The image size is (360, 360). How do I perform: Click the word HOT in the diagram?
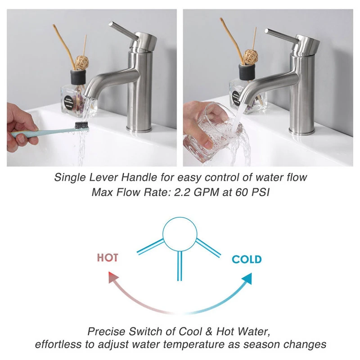108,257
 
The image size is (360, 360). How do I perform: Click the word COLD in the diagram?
247,260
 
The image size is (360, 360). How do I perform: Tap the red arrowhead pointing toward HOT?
113,277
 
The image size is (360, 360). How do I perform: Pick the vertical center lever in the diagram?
180,265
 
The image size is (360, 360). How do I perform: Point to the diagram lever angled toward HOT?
151,246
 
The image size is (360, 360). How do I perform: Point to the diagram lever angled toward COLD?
208,247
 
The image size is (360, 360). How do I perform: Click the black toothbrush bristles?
81,125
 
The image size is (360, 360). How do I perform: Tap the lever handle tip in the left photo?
111,24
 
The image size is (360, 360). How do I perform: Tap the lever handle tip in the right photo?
267,31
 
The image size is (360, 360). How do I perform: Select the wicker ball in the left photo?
82,62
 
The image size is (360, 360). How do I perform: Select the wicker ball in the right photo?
251,56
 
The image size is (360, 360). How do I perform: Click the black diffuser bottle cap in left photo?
78,76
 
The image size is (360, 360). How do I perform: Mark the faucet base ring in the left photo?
139,129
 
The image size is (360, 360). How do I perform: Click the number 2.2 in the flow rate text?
182,192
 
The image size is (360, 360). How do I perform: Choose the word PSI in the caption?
261,192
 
